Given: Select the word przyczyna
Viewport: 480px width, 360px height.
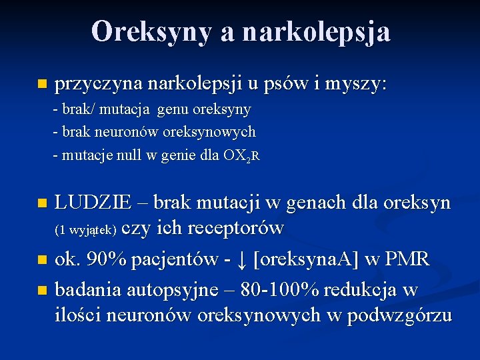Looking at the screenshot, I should pyautogui.click(x=99, y=85).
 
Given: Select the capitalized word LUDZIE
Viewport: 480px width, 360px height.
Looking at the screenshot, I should pyautogui.click(x=97, y=202).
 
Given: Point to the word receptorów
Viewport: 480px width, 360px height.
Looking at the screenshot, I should pyautogui.click(x=237, y=229).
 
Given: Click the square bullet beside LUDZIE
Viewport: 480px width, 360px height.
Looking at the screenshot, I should pyautogui.click(x=43, y=202).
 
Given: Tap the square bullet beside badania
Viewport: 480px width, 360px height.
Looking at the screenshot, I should pyautogui.click(x=43, y=290).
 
